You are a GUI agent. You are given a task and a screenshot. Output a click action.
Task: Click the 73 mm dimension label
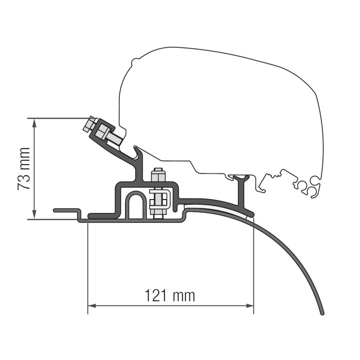[x=24, y=169]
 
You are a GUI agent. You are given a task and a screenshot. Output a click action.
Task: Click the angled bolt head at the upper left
[x=89, y=124]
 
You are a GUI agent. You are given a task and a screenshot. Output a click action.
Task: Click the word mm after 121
[x=185, y=296]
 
